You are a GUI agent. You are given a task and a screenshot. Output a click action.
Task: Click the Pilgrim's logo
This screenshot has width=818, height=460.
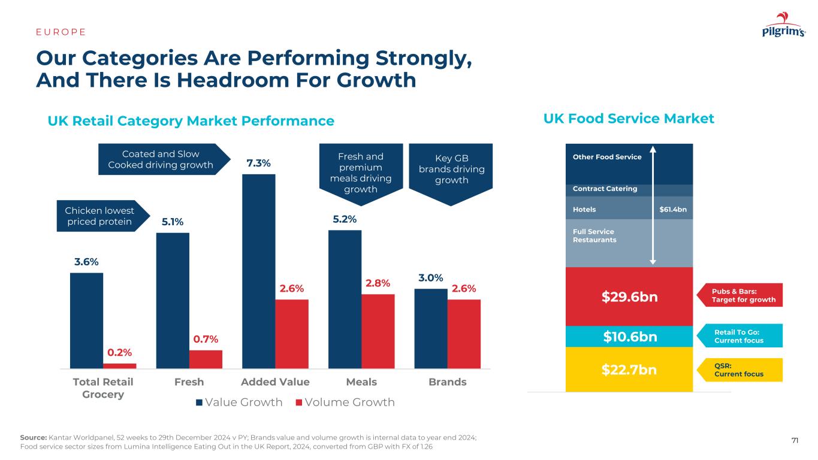coord(783,26)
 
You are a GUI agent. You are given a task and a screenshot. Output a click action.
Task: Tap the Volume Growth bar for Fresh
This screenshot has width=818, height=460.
coord(206,359)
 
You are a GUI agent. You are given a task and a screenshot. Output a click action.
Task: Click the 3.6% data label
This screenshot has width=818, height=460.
coord(86,262)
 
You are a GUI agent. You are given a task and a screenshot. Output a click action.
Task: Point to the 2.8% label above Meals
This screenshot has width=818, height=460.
coord(378,283)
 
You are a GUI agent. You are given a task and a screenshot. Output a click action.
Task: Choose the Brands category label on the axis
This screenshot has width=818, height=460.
coord(447,382)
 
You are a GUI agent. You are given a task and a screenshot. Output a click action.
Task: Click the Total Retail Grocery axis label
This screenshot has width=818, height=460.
coord(103,388)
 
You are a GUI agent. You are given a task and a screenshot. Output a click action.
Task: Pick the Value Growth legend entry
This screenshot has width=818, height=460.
coord(239,402)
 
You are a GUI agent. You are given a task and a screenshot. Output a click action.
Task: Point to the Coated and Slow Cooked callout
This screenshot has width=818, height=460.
coord(161,159)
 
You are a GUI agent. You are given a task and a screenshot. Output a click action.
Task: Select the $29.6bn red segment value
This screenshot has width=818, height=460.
coord(629,296)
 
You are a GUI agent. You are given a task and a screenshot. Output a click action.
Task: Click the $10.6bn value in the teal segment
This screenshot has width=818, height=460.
coord(630,337)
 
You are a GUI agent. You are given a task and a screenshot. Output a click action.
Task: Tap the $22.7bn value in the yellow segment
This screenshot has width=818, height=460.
coord(629,370)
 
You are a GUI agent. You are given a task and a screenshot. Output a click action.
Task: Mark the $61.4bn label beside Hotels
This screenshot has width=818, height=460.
coord(672,210)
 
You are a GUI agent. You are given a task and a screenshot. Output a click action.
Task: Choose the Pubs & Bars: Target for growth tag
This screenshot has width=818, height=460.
coord(744,295)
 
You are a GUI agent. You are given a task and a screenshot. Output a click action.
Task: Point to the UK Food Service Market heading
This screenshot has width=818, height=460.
coord(629,119)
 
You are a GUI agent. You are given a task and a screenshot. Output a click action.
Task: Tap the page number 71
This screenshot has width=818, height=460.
coord(795,441)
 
